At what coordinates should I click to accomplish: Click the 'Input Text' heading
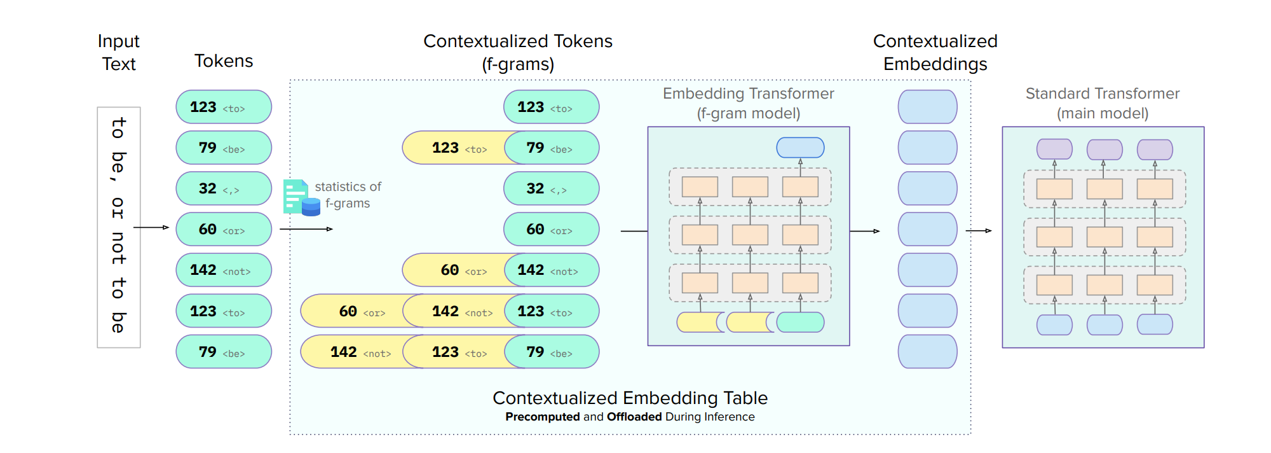(x=118, y=52)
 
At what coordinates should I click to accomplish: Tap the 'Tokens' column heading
(x=223, y=61)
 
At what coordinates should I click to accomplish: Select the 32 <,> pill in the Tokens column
(x=223, y=188)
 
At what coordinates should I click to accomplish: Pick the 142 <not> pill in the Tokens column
(x=223, y=270)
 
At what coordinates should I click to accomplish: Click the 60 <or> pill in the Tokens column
(x=223, y=229)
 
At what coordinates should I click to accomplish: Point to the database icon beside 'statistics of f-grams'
(x=310, y=207)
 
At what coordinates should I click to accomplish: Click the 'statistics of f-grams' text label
(x=348, y=195)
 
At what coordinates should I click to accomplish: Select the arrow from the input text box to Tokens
(x=151, y=227)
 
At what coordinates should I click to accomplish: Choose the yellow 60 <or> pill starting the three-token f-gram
(x=353, y=311)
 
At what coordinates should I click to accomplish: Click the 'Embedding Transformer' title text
(x=748, y=94)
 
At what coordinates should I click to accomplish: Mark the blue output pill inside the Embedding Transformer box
(x=800, y=148)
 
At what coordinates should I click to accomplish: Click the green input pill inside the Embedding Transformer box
(x=800, y=323)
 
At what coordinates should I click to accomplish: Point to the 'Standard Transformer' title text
(x=1102, y=94)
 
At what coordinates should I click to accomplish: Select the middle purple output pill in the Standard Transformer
(x=1104, y=150)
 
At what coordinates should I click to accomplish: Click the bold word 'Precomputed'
(x=542, y=417)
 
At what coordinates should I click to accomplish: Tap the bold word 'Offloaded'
(x=634, y=417)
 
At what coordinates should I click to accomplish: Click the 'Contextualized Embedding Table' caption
(x=630, y=398)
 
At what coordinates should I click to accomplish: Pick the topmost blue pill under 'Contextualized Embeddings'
(x=927, y=107)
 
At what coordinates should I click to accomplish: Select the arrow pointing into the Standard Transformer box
(x=979, y=230)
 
